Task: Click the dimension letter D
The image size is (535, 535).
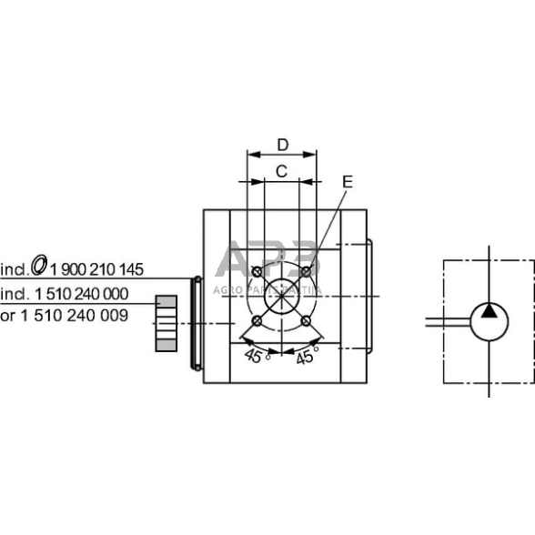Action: [x=282, y=145]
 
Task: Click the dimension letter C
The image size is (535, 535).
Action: [x=282, y=170]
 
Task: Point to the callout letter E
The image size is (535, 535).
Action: [x=347, y=181]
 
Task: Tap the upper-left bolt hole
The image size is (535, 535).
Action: [x=257, y=273]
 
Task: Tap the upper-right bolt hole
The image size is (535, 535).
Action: [x=306, y=272]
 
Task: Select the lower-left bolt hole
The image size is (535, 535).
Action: [x=257, y=321]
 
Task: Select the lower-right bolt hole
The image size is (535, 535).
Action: [x=306, y=321]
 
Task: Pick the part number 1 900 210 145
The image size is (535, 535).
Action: [x=97, y=268]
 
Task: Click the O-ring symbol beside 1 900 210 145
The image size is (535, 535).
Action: [x=39, y=266]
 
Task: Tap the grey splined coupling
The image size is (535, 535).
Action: [x=167, y=322]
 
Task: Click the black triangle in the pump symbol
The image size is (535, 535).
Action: [x=489, y=312]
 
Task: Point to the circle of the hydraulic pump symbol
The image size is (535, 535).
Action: [x=489, y=322]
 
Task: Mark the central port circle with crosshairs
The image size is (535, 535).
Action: [x=281, y=297]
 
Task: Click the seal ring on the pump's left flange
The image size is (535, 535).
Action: [x=194, y=323]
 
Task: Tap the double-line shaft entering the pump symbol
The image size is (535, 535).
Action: [x=447, y=320]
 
